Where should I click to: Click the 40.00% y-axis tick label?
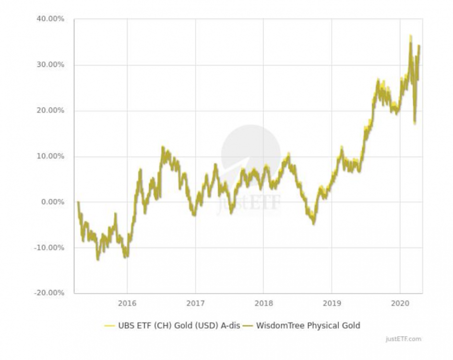50,19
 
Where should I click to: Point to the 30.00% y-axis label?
50,65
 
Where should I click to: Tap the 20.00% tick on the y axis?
50,110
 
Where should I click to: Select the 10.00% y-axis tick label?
50,156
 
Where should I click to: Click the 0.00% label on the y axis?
52,202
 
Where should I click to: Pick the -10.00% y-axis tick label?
49,248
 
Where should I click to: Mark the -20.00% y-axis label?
49,293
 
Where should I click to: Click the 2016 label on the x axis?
127,303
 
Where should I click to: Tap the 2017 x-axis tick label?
195,303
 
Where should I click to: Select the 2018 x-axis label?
263,303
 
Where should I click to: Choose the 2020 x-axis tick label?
400,303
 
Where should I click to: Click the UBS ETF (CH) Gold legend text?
179,325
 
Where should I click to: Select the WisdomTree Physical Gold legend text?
308,325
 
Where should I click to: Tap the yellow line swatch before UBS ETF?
109,326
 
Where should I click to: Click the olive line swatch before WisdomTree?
248,326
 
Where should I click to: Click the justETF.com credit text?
403,339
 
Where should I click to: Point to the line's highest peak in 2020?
410,36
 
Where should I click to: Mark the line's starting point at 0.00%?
78,202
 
